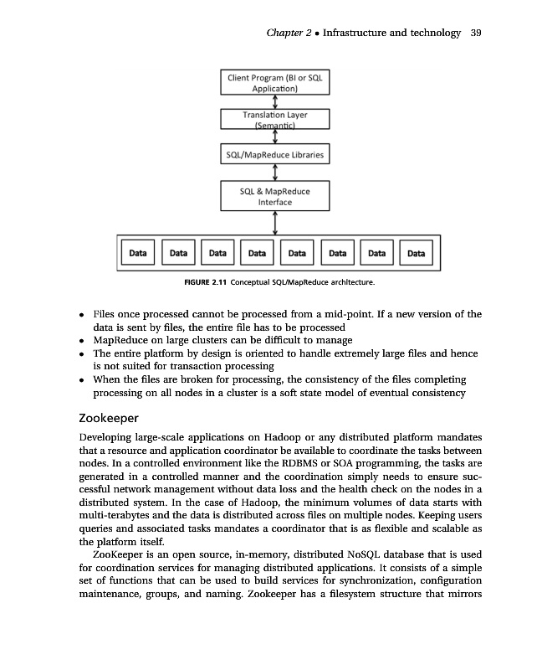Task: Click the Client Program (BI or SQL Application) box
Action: [x=275, y=82]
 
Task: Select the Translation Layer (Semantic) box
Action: [x=275, y=120]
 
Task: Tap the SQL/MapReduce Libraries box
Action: [x=275, y=155]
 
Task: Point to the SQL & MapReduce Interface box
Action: [x=275, y=196]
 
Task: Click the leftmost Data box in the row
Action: [x=138, y=252]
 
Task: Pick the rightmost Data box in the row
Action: [x=415, y=252]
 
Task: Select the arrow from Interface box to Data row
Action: [x=275, y=224]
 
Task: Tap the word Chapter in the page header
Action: [x=283, y=33]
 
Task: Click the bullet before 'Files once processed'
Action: [x=79, y=316]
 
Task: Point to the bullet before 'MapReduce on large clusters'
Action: [x=79, y=342]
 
